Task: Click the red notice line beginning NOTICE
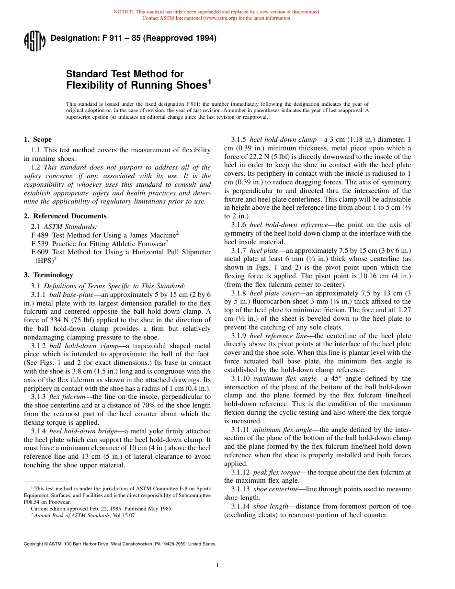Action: pos(217,12)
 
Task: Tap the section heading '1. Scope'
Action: pos(38,140)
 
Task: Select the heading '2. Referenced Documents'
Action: pos(65,216)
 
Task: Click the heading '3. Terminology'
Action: pos(48,275)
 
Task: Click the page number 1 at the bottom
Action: pos(217,565)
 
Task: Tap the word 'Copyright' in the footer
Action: pos(33,544)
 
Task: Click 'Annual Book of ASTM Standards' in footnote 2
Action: pos(71,515)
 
